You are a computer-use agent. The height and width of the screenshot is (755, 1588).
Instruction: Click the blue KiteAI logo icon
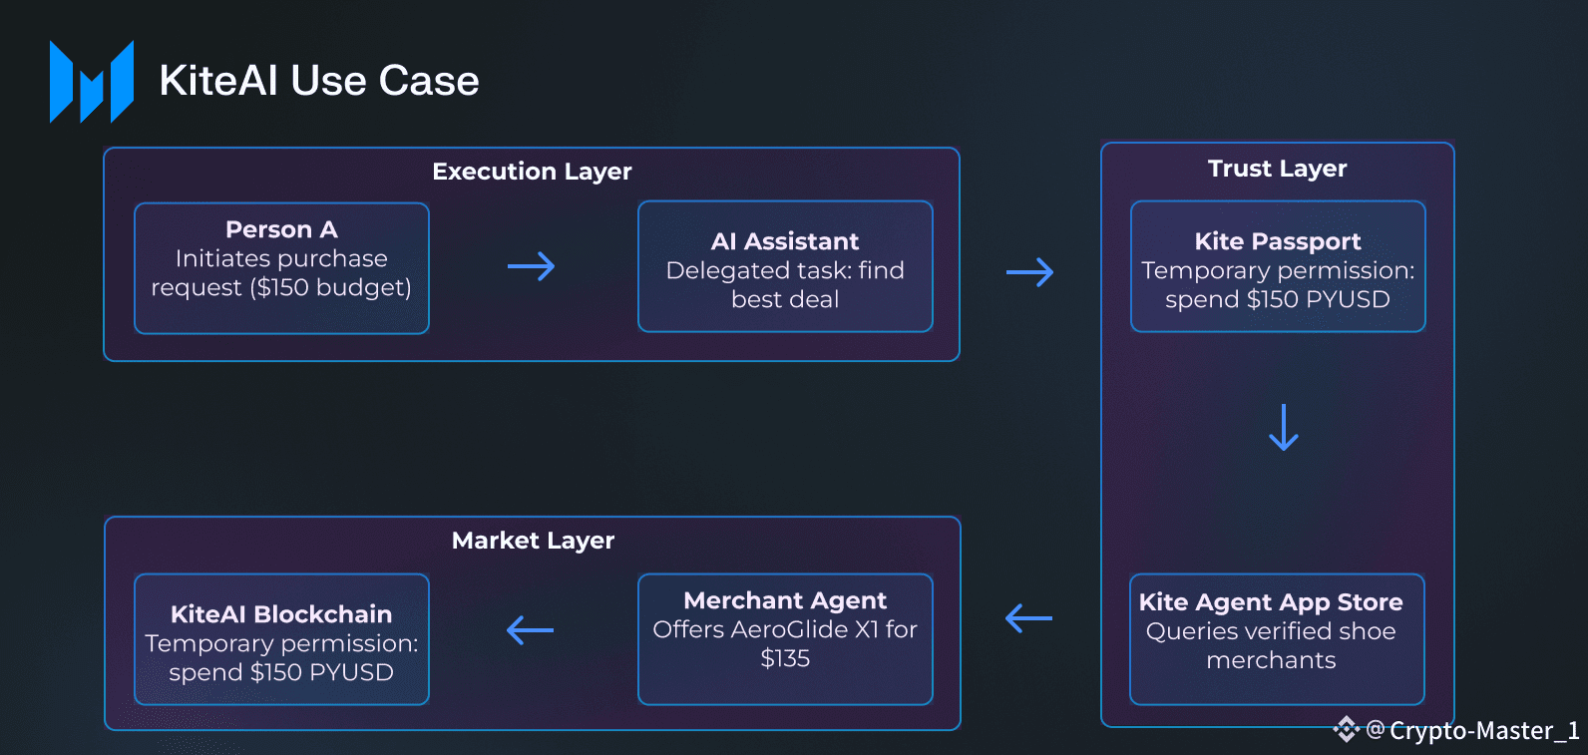(92, 82)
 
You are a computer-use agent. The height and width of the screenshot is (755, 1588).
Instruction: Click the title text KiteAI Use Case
(319, 81)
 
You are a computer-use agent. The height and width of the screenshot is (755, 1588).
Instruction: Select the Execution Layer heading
(532, 172)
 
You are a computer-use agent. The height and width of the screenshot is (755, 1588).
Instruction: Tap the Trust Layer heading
(1277, 169)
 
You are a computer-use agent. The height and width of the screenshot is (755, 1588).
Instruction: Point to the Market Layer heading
(533, 541)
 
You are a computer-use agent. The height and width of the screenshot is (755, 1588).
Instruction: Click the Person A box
(281, 267)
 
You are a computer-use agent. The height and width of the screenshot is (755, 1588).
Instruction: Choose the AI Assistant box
(785, 266)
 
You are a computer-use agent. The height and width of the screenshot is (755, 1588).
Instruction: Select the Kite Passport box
(1278, 266)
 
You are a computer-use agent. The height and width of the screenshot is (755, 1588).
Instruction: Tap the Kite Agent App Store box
(1277, 638)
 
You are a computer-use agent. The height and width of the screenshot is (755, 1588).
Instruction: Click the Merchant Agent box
(785, 638)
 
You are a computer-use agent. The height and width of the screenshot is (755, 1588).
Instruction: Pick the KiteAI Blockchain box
(281, 638)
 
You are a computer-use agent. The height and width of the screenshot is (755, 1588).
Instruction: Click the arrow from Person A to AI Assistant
(531, 266)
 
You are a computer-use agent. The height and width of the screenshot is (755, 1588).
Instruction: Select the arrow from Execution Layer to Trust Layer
(1029, 272)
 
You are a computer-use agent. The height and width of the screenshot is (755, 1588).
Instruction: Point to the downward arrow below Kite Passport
(1283, 427)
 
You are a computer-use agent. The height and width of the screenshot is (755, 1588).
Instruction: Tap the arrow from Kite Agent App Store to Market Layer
(1028, 618)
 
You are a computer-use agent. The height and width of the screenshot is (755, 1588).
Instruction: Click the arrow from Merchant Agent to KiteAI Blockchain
(530, 630)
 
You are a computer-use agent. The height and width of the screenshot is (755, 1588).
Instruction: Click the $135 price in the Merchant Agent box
(785, 658)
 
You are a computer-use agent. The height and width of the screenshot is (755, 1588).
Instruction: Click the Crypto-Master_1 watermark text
(1484, 731)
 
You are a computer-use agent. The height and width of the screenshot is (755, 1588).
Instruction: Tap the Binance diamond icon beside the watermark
(1347, 730)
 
